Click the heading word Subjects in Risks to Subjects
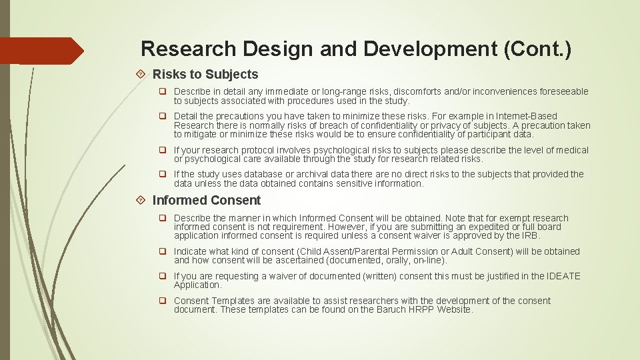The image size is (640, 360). tap(232, 75)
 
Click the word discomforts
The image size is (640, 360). tap(418, 92)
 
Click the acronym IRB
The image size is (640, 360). tap(531, 235)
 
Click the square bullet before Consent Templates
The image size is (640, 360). tap(162, 301)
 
